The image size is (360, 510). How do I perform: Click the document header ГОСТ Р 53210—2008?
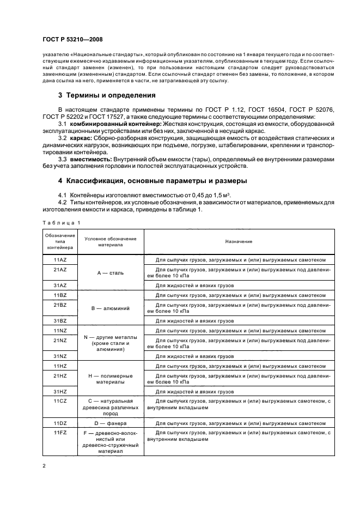click(72, 40)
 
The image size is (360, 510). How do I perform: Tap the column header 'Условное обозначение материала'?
click(111, 241)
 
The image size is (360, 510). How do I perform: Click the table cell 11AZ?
click(60, 260)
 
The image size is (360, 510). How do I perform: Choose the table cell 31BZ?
click(60, 321)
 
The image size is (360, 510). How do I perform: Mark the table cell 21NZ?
click(60, 341)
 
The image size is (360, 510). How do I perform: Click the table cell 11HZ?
click(60, 366)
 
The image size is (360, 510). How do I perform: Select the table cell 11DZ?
click(60, 422)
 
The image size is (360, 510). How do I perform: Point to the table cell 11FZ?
click(60, 432)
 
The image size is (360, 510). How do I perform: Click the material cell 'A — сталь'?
click(111, 273)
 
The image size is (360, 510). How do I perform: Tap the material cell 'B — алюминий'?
click(111, 308)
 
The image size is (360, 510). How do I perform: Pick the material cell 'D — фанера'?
click(111, 422)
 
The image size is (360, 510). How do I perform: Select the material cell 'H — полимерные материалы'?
click(111, 379)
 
